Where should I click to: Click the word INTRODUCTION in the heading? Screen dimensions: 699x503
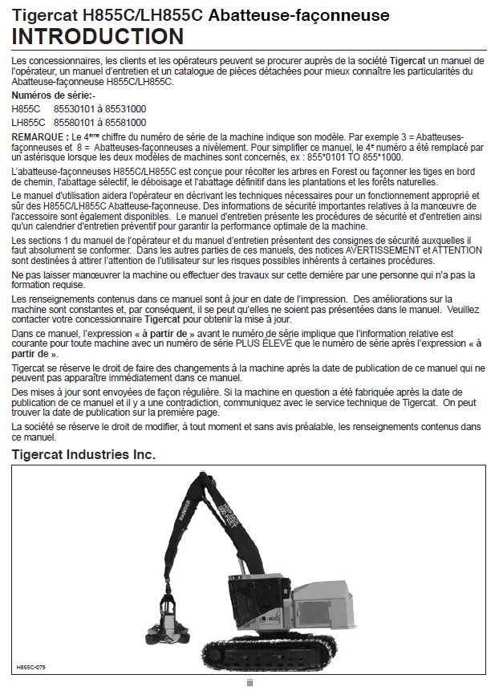[x=97, y=37]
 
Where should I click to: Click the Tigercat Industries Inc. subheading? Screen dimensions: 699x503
[x=83, y=455]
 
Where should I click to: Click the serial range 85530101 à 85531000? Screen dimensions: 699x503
[x=99, y=109]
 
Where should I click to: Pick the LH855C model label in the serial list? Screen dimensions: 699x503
[x=27, y=122]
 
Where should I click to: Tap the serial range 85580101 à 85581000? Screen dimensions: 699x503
[x=99, y=122]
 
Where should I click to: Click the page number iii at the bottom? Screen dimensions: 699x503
[x=250, y=683]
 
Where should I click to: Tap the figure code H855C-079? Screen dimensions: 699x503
[x=30, y=666]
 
